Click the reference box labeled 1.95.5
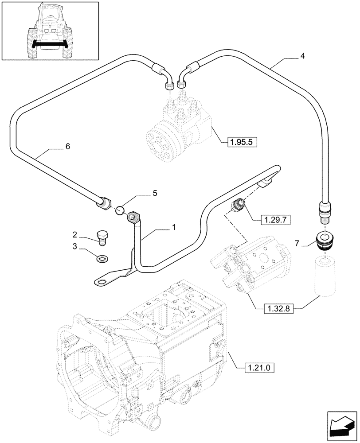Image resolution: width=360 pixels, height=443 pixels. coord(242,142)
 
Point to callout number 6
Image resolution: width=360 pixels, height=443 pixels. coord(67,146)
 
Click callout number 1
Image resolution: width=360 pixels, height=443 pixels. coord(174,227)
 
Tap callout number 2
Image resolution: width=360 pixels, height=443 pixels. coord(75,234)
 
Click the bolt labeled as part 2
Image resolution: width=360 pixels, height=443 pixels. coord(102,237)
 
